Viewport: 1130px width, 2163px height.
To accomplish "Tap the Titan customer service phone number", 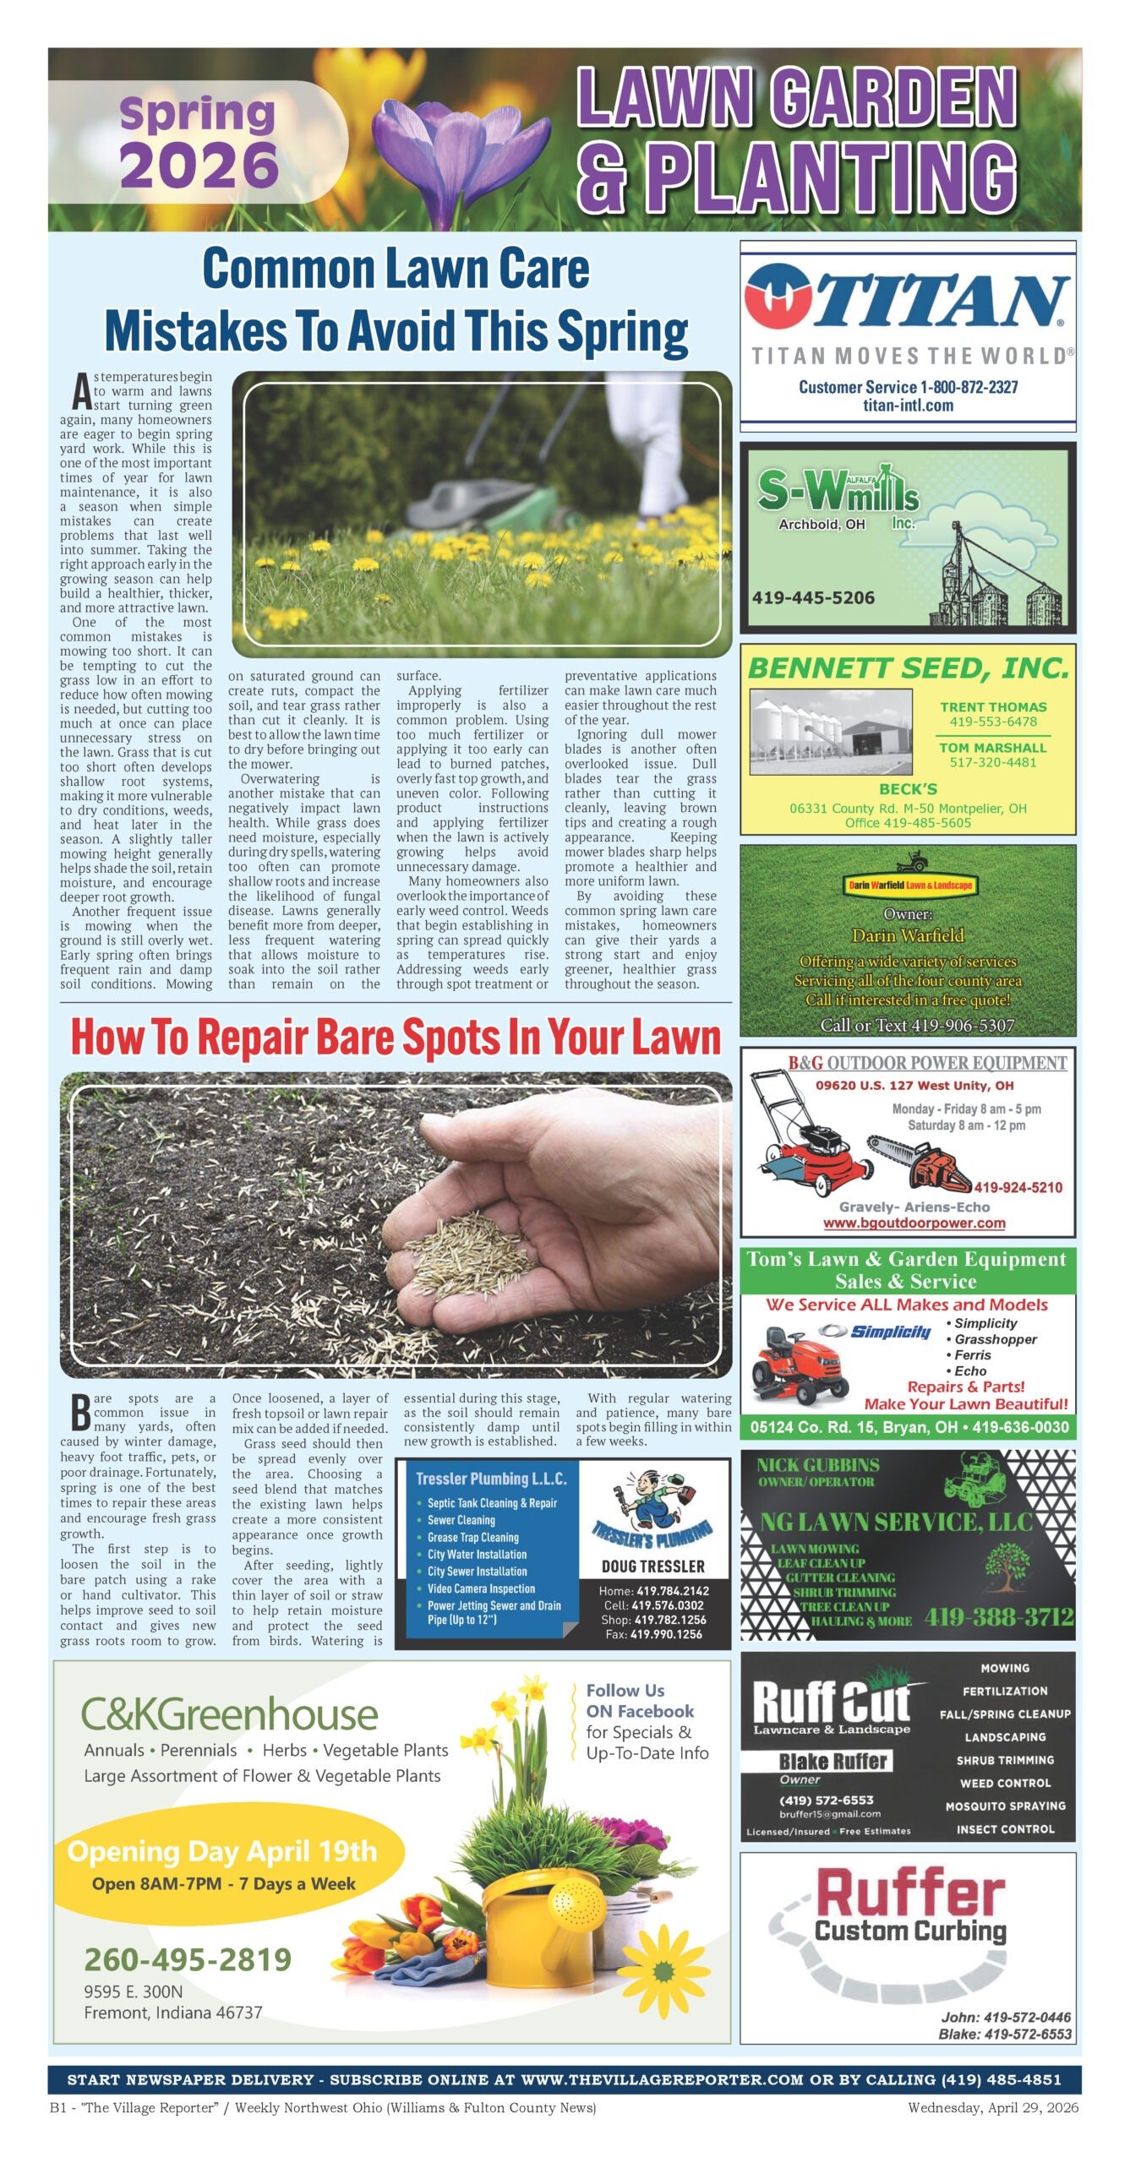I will pyautogui.click(x=908, y=387).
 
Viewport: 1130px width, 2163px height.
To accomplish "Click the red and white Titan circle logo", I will pyautogui.click(x=777, y=297).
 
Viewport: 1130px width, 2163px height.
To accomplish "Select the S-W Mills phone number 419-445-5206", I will pyautogui.click(x=813, y=597).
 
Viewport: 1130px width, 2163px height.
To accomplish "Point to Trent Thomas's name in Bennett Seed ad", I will pyautogui.click(x=993, y=706).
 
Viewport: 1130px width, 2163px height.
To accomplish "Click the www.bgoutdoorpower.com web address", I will pyautogui.click(x=914, y=1223).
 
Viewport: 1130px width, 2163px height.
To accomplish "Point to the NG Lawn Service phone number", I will pyautogui.click(x=999, y=1616).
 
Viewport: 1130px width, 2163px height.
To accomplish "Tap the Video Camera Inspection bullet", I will pyautogui.click(x=481, y=1588).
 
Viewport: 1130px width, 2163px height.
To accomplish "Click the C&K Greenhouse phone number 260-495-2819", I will pyautogui.click(x=188, y=1959).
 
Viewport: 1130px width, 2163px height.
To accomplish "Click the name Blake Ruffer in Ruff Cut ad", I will pyautogui.click(x=832, y=1762).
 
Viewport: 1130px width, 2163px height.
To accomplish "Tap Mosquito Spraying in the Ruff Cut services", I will pyautogui.click(x=1005, y=1806).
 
